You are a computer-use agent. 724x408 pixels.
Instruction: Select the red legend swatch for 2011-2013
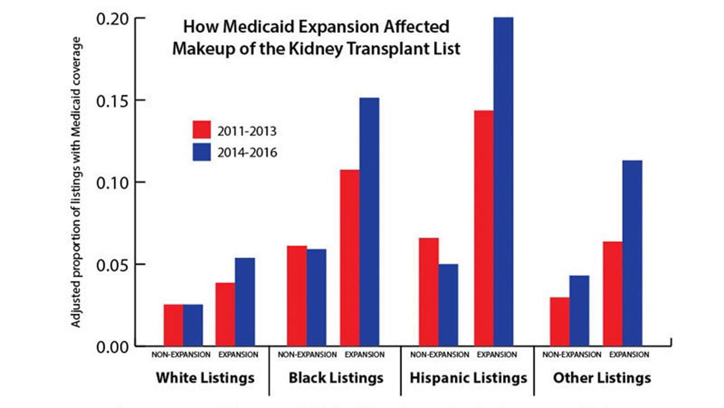(x=201, y=130)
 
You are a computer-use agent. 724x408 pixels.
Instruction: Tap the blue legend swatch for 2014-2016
(x=201, y=151)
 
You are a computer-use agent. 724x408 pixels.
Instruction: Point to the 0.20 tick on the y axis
(x=114, y=18)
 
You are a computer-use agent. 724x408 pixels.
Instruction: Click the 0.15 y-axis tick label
(x=114, y=101)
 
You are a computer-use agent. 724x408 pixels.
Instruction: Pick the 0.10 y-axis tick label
(x=114, y=183)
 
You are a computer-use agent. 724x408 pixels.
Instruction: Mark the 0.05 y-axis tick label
(x=114, y=264)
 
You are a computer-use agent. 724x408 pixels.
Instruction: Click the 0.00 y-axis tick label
(x=114, y=346)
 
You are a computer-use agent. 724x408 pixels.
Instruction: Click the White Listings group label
(x=205, y=377)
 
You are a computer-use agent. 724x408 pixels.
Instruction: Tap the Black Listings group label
(x=336, y=377)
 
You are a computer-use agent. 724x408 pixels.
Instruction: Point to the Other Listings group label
(x=602, y=377)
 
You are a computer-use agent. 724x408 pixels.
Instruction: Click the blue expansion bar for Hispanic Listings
(x=503, y=181)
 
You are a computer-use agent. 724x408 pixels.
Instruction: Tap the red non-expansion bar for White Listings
(x=174, y=325)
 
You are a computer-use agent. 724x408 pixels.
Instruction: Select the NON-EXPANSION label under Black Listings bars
(x=307, y=355)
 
